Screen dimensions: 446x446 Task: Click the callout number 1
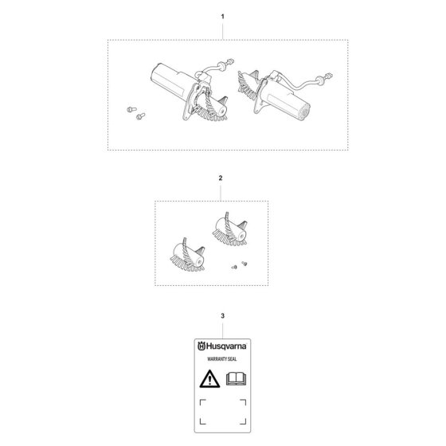pyautogui.click(x=222, y=17)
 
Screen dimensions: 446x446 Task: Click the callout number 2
pyautogui.click(x=221, y=178)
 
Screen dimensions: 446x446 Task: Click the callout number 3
pyautogui.click(x=222, y=315)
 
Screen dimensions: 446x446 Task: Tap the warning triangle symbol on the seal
pyautogui.click(x=209, y=379)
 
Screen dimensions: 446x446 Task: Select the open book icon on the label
pyautogui.click(x=236, y=378)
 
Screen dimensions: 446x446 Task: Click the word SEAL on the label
pyautogui.click(x=232, y=359)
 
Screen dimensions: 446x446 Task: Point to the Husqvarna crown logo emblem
pyautogui.click(x=201, y=346)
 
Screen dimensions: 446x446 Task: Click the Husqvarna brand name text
pyautogui.click(x=226, y=346)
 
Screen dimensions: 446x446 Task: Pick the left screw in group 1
pyautogui.click(x=131, y=109)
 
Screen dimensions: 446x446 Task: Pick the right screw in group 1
pyautogui.click(x=140, y=116)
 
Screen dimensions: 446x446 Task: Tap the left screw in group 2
pyautogui.click(x=234, y=267)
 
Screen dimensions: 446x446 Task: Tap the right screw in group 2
pyautogui.click(x=244, y=264)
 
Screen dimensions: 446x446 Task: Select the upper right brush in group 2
pyautogui.click(x=230, y=229)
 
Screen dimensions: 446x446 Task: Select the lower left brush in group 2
pyautogui.click(x=187, y=255)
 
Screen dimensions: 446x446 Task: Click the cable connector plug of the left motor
pyautogui.click(x=230, y=61)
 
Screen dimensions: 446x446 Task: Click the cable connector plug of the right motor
pyautogui.click(x=329, y=76)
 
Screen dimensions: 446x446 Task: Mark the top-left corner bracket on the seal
pyautogui.click(x=203, y=402)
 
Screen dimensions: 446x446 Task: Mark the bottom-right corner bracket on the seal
pyautogui.click(x=243, y=421)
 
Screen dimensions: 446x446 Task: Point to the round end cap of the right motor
pyautogui.click(x=305, y=111)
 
